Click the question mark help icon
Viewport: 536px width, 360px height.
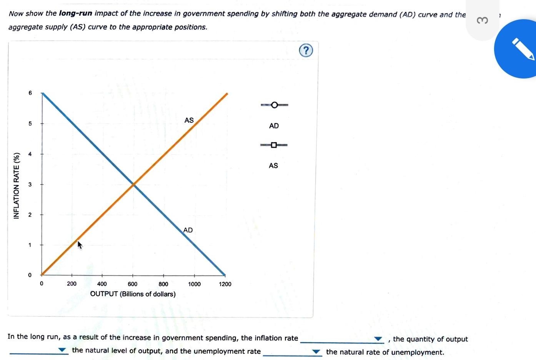306,50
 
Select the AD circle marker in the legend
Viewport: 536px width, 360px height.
274,105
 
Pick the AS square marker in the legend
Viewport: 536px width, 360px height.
274,145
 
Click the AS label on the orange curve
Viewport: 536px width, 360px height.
189,120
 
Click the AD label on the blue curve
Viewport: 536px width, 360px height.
188,230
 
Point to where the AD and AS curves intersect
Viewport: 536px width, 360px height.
133,185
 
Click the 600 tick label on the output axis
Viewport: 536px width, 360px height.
132,284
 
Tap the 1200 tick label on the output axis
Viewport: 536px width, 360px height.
225,284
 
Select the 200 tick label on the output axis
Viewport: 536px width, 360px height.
72,284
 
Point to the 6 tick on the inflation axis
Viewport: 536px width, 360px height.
30,93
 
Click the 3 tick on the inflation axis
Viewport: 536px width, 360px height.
30,185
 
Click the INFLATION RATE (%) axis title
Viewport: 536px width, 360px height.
17,186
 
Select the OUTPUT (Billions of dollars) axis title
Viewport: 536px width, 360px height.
133,294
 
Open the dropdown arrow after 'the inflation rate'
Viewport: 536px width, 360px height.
378,339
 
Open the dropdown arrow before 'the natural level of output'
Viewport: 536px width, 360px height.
62,350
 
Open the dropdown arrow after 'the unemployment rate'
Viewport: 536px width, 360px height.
316,352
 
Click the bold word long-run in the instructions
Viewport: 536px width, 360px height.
75,13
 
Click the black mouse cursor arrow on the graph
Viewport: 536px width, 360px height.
80,245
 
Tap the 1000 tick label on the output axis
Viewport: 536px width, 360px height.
194,284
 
